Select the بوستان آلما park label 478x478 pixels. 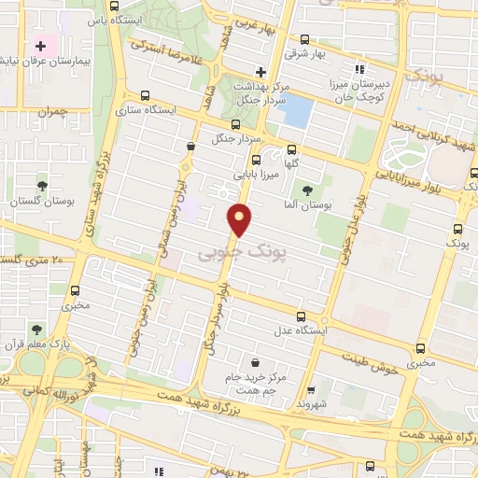tap(301, 204)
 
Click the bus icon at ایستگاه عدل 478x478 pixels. tap(301, 316)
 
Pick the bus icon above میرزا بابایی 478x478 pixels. tap(292, 148)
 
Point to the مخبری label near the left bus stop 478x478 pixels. tap(77, 304)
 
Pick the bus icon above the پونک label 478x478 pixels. tap(457, 227)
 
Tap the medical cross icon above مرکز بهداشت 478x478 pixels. tap(260, 71)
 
